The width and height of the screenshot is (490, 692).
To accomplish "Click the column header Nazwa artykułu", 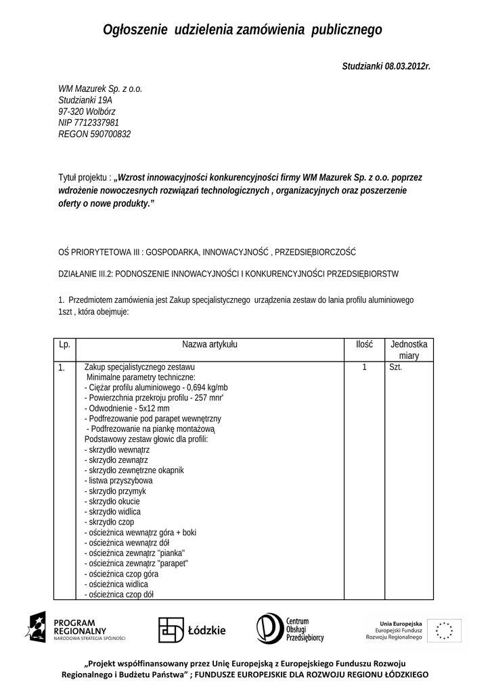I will click(210, 344).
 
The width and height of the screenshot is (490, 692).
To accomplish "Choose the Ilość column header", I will click(364, 344).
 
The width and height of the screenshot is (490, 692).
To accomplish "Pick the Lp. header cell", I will click(64, 344).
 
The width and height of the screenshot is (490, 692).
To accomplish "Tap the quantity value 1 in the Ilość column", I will click(364, 368).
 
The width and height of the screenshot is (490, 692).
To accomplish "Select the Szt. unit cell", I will click(396, 368).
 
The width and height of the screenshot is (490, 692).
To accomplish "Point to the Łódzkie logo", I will click(192, 630).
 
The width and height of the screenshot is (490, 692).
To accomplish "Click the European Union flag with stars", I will click(445, 630).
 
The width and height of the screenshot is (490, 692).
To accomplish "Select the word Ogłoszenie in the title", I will click(135, 30).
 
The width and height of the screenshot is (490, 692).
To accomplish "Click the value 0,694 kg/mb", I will click(200, 387).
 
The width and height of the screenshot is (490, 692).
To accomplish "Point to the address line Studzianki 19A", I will click(85, 99).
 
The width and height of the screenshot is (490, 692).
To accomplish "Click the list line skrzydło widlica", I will click(112, 512).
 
